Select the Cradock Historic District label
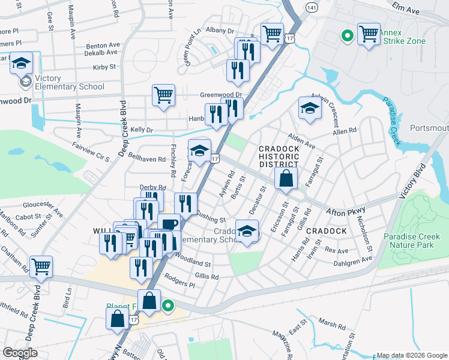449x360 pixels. click(x=278, y=157)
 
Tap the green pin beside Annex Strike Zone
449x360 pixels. click(x=346, y=36)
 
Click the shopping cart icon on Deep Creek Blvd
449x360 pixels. click(x=41, y=266)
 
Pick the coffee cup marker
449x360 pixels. click(x=169, y=224)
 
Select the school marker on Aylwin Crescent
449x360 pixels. click(x=310, y=108)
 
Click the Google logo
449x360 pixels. click(x=20, y=353)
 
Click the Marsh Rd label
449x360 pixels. click(x=332, y=325)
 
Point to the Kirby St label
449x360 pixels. click(x=104, y=68)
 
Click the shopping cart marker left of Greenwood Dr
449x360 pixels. click(x=163, y=95)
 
